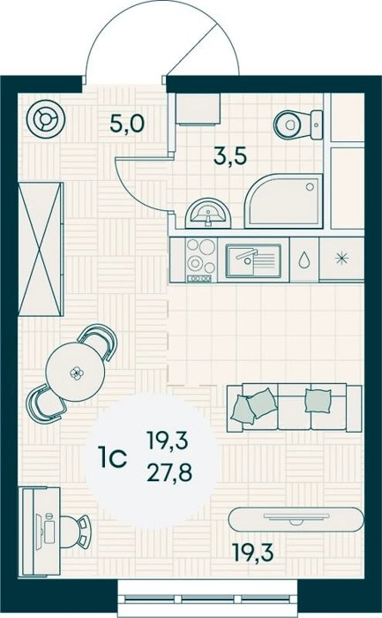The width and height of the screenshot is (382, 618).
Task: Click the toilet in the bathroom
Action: [298, 124]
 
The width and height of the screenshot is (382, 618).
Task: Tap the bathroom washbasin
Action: [207, 213]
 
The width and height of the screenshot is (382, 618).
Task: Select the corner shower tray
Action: [284, 201]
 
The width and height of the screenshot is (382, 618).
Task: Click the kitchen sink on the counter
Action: [253, 260]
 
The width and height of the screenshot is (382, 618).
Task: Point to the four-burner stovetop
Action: [201, 260]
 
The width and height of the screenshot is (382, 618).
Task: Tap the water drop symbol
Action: [303, 260]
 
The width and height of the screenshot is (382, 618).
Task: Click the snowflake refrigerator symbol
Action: [341, 259]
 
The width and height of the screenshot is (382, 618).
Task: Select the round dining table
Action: [75, 372]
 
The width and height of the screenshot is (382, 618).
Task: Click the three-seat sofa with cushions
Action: [294, 408]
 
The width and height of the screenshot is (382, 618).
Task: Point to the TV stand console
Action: [296, 519]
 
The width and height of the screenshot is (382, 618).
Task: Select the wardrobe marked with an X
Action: [41, 249]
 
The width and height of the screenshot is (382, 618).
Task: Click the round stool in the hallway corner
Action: [47, 118]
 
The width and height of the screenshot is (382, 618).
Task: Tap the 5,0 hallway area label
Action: [127, 124]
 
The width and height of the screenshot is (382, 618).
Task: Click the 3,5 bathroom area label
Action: [230, 155]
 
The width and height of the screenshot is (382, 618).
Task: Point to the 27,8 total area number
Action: [169, 472]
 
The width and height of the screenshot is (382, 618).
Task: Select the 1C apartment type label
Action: [113, 457]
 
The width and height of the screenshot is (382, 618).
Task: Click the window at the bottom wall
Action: [208, 599]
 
